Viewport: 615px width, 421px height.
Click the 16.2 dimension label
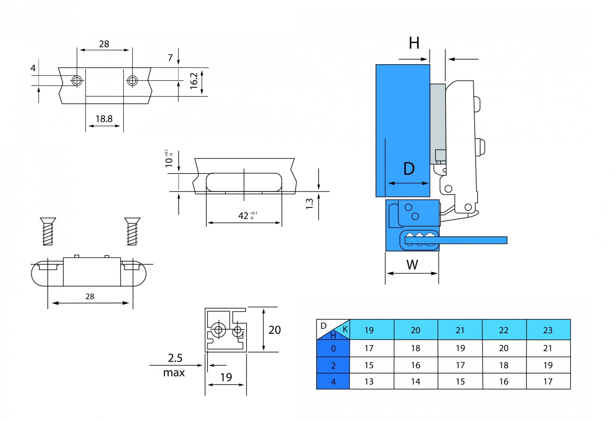[194, 81]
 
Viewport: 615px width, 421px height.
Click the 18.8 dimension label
[104, 119]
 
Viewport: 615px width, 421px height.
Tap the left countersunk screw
[48, 231]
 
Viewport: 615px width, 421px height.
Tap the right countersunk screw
[132, 231]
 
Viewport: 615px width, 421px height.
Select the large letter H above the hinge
[414, 43]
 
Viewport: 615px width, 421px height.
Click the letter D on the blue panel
[409, 168]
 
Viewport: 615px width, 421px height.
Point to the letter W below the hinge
[412, 265]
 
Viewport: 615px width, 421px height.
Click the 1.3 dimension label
[309, 204]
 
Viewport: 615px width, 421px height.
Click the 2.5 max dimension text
[174, 365]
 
